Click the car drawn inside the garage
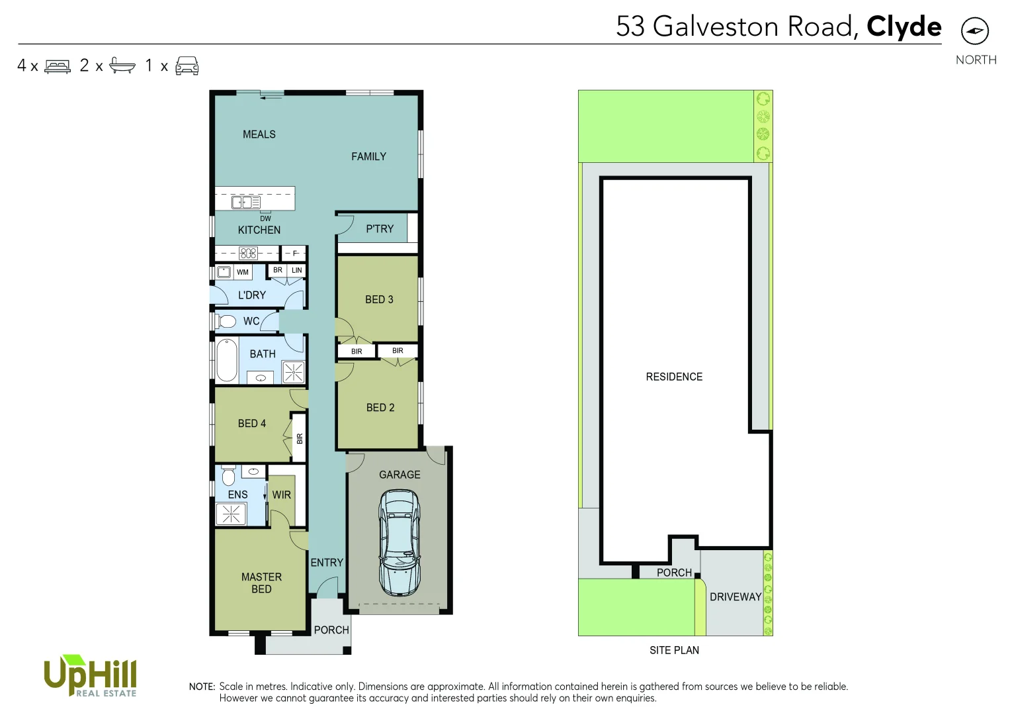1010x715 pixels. pyautogui.click(x=400, y=542)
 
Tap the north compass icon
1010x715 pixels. pyautogui.click(x=974, y=31)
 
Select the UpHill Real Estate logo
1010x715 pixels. pyautogui.click(x=90, y=676)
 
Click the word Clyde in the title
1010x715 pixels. pyautogui.click(x=904, y=26)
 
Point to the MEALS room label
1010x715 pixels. pyautogui.click(x=259, y=134)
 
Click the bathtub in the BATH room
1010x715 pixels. pyautogui.click(x=227, y=360)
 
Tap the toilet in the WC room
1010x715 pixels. pyautogui.click(x=227, y=321)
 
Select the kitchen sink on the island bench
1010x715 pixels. pyautogui.click(x=245, y=202)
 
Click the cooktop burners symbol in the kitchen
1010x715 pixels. pyautogui.click(x=248, y=253)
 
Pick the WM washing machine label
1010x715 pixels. pyautogui.click(x=243, y=272)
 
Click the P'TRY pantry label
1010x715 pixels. pyautogui.click(x=380, y=229)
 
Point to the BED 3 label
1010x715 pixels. pyautogui.click(x=379, y=300)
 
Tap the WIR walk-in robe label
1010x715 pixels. pyautogui.click(x=282, y=495)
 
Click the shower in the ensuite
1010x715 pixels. pyautogui.click(x=231, y=514)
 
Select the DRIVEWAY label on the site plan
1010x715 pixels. pyautogui.click(x=736, y=597)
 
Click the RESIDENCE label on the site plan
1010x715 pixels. pyautogui.click(x=674, y=377)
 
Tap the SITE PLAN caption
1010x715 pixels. pyautogui.click(x=674, y=651)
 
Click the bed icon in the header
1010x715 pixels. pyautogui.click(x=58, y=66)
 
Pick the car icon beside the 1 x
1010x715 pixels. pyautogui.click(x=187, y=66)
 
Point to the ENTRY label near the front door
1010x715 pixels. pyautogui.click(x=327, y=563)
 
